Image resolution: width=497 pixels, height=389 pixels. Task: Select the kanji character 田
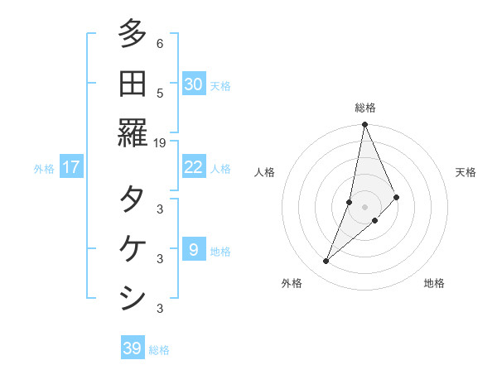pyautogui.click(x=133, y=84)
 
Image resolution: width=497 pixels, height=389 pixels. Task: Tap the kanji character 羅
pyautogui.click(x=133, y=132)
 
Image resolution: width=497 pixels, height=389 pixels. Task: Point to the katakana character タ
pyautogui.click(x=133, y=199)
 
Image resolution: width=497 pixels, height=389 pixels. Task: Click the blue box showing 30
pyautogui.click(x=194, y=84)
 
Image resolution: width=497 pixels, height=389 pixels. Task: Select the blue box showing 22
pyautogui.click(x=194, y=167)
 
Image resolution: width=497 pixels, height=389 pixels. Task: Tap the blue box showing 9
pyautogui.click(x=194, y=250)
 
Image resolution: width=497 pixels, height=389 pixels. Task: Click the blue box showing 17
pyautogui.click(x=71, y=167)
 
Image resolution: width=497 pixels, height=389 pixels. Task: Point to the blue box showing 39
pyautogui.click(x=133, y=348)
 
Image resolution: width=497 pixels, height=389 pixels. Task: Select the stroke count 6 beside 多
pyautogui.click(x=160, y=44)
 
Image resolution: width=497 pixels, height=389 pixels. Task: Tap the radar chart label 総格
pyautogui.click(x=365, y=108)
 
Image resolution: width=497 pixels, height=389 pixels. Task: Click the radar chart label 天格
pyautogui.click(x=466, y=172)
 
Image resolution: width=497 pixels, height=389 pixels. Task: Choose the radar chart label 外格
pyautogui.click(x=292, y=283)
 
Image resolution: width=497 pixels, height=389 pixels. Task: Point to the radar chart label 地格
pyautogui.click(x=434, y=283)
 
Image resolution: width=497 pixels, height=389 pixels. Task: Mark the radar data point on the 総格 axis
pyautogui.click(x=364, y=126)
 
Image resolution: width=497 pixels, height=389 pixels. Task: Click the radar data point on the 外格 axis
pyautogui.click(x=326, y=262)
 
